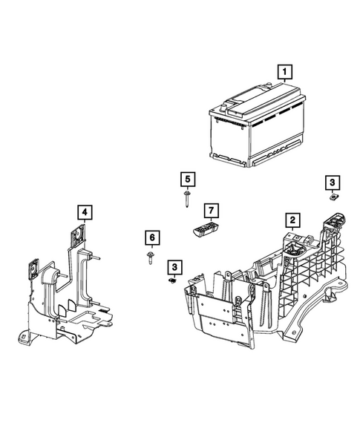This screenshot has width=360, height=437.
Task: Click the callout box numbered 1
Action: pyautogui.click(x=283, y=73)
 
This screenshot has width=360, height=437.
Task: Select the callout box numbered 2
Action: pyautogui.click(x=293, y=220)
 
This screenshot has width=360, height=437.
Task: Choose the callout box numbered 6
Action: pyautogui.click(x=151, y=237)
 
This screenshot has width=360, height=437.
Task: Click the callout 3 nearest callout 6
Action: pyautogui.click(x=174, y=266)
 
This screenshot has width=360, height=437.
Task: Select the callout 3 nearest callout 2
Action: pyautogui.click(x=333, y=182)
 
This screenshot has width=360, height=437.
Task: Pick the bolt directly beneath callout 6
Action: pyautogui.click(x=151, y=257)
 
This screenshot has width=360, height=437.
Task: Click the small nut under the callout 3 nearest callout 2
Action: pyautogui.click(x=334, y=197)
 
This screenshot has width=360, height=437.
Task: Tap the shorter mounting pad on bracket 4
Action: pyautogui.click(x=33, y=269)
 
